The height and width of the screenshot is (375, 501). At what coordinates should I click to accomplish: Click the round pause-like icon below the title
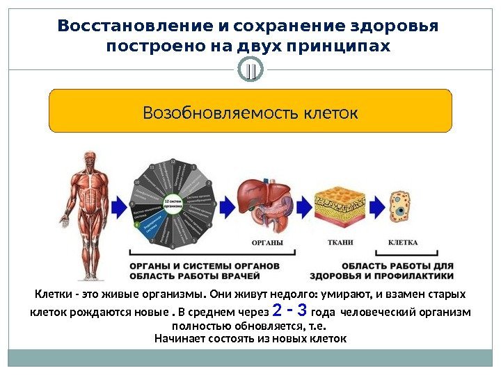(251, 71)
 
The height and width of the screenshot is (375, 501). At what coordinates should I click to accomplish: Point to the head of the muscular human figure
(90, 160)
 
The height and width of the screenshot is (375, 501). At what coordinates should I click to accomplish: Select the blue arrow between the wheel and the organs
(226, 206)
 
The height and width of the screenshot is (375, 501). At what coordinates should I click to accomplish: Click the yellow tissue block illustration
(340, 203)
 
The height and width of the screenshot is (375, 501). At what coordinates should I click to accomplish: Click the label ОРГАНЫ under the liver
(267, 243)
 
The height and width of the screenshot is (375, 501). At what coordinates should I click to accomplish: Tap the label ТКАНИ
(340, 243)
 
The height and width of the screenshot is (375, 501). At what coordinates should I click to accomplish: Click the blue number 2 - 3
(292, 309)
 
